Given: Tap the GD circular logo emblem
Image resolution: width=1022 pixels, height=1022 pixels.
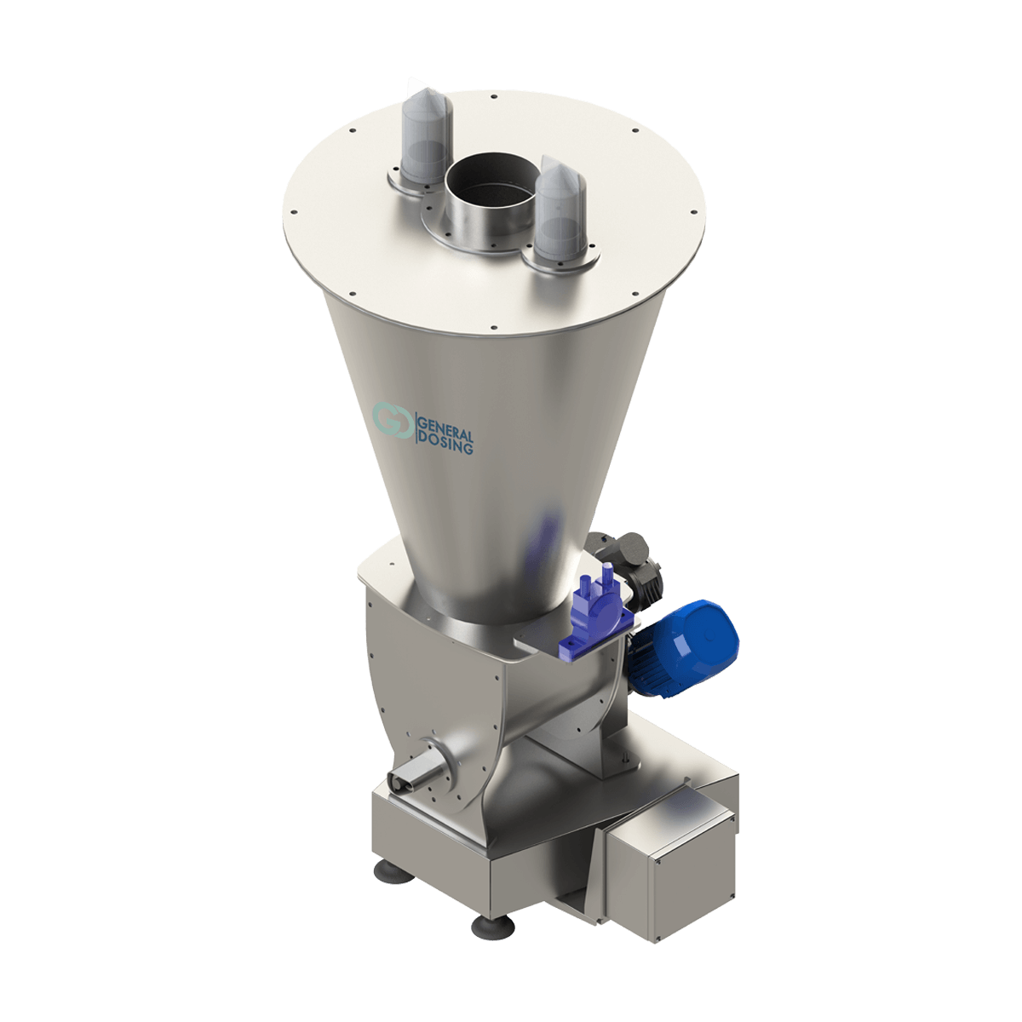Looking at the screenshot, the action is click(393, 420).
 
